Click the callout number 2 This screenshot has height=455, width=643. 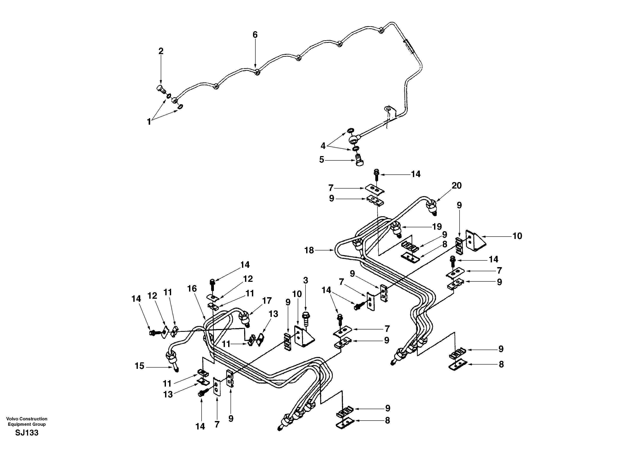click(161, 51)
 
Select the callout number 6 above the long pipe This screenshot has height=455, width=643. click(255, 35)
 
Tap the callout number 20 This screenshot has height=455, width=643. click(457, 186)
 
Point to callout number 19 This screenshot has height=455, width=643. click(437, 226)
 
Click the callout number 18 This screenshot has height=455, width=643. click(309, 250)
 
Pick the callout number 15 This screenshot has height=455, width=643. click(139, 366)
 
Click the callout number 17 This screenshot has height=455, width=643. click(267, 301)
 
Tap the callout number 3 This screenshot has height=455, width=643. click(306, 280)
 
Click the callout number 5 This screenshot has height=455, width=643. click(321, 160)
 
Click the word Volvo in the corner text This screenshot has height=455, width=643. click(12, 419)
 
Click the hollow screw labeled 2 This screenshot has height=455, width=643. click(160, 89)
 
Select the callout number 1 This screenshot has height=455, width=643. click(149, 122)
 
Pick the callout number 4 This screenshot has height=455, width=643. click(323, 146)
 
